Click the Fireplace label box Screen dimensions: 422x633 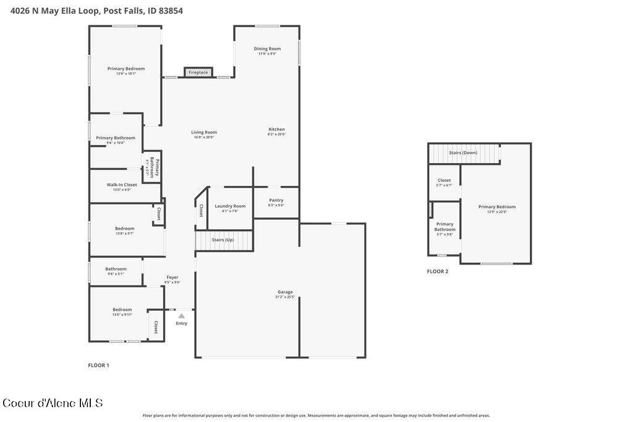pos(198,72)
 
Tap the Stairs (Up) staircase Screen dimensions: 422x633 pos(224,240)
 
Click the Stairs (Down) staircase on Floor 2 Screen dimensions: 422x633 pos(463,153)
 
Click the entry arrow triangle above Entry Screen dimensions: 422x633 pos(181,316)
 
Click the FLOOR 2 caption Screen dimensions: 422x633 pos(438,271)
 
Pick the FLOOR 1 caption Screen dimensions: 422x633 pos(98,365)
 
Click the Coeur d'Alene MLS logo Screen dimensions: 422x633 pos(53,403)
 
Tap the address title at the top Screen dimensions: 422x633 pos(96,11)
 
